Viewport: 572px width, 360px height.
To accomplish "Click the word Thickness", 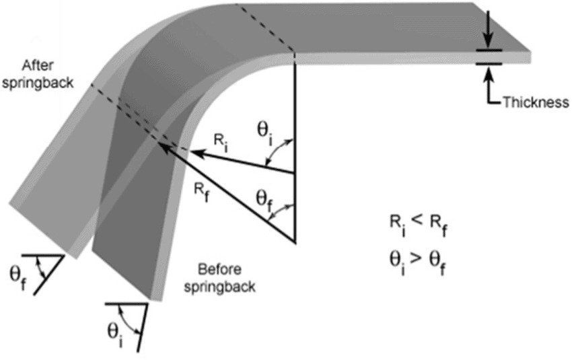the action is [x=536, y=102].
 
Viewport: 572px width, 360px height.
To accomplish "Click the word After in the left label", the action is [x=38, y=66].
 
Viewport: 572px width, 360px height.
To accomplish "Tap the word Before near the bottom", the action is [x=219, y=270].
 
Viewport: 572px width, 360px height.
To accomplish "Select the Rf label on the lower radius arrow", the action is [x=202, y=192].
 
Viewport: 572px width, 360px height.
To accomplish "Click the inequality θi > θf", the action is [x=418, y=262].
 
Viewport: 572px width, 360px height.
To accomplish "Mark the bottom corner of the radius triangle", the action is [x=295, y=242].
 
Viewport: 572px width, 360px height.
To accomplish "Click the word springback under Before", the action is [x=219, y=287].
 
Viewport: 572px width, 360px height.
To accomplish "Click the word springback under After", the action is [x=38, y=83].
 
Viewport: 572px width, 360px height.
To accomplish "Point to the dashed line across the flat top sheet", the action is [x=265, y=28].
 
